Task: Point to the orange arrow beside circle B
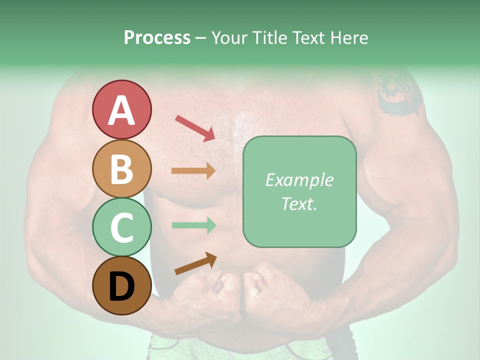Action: coord(193,170)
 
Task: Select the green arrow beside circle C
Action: coord(193,225)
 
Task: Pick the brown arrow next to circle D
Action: coord(195,263)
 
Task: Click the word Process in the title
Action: coord(157,38)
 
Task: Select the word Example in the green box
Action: coord(299,180)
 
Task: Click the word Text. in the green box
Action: coord(299,204)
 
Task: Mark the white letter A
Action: coord(121,110)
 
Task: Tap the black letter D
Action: coord(121,286)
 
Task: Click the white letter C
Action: coord(121,227)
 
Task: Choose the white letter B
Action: coord(121,168)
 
